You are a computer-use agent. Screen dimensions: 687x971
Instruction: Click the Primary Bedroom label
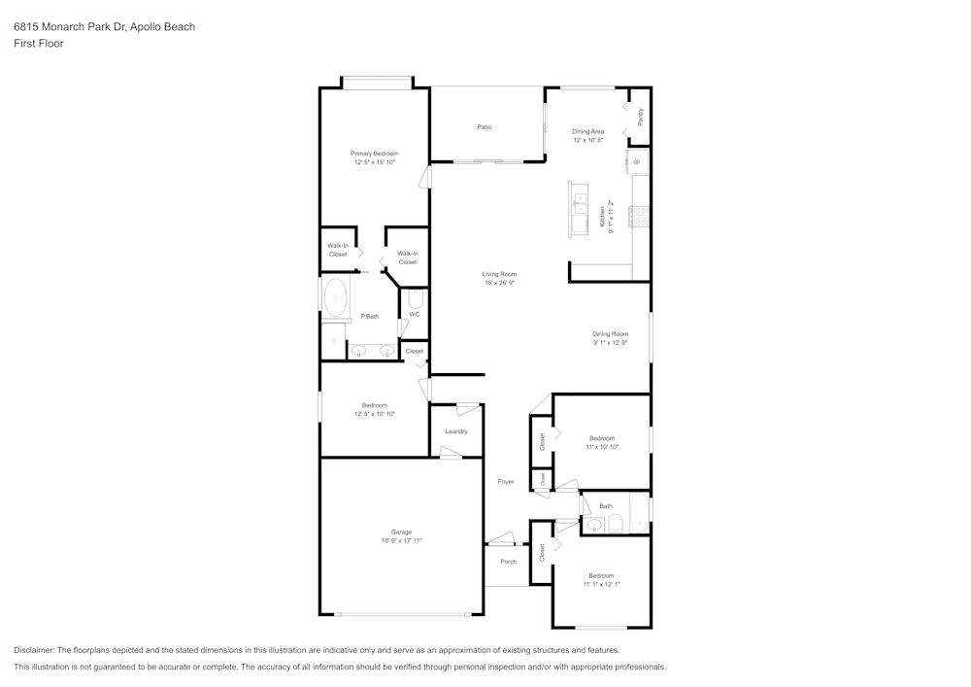[374, 154]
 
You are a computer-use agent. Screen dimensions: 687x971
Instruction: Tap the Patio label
[484, 127]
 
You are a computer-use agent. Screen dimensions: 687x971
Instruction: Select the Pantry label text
[640, 117]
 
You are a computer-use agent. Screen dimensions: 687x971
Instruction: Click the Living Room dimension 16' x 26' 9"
[499, 284]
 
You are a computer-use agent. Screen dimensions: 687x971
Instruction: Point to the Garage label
[401, 532]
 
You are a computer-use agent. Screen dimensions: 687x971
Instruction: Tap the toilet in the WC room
[415, 298]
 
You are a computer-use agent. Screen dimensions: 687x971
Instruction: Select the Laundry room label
[456, 431]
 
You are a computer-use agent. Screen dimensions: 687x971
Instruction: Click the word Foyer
[506, 482]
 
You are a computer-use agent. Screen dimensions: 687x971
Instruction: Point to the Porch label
[508, 562]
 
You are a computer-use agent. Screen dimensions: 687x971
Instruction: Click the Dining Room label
[610, 334]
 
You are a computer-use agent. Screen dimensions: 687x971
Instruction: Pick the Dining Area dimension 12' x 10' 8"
[587, 141]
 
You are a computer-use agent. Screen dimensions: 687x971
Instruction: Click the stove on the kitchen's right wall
[639, 216]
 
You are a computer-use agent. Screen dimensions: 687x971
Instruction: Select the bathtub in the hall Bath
[638, 514]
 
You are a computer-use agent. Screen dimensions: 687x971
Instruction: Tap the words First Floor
[39, 44]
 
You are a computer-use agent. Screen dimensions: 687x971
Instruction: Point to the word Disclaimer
[34, 650]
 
